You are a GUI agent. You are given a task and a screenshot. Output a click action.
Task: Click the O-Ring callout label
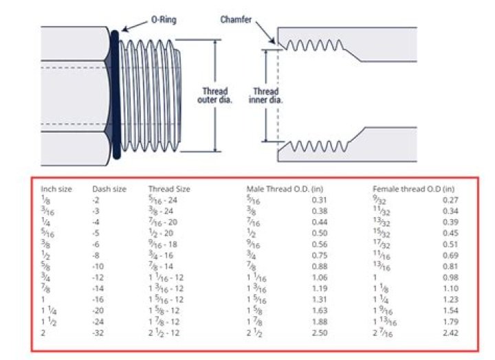pos(163,20)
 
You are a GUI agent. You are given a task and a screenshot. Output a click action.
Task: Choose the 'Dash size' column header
pos(109,189)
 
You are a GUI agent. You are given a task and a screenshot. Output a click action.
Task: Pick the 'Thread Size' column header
pos(169,189)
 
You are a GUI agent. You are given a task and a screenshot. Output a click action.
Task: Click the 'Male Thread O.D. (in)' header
pos(285,189)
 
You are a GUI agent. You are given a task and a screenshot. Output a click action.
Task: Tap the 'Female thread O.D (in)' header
pos(414,189)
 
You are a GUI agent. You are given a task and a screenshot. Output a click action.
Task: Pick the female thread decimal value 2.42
pos(450,333)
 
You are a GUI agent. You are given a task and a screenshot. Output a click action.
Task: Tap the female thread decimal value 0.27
pos(450,200)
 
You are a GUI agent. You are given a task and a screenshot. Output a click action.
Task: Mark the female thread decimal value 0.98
pos(450,277)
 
